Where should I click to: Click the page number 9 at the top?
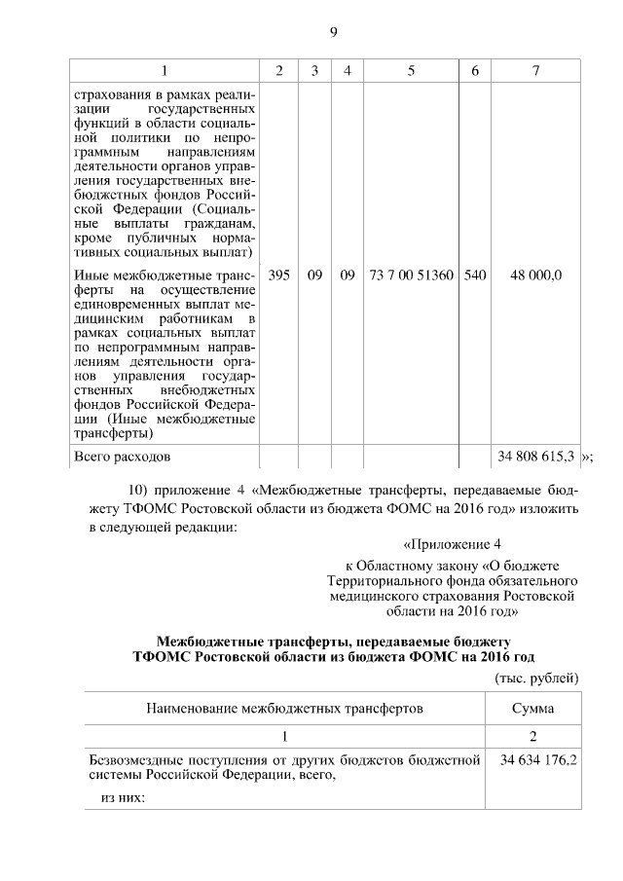click(332, 33)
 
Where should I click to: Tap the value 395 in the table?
click(279, 275)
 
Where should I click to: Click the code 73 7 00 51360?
click(412, 275)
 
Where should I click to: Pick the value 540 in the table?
click(475, 275)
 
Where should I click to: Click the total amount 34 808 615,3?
click(536, 456)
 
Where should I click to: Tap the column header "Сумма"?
click(532, 708)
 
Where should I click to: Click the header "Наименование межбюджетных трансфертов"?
click(284, 708)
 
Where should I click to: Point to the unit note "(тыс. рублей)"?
click(537, 678)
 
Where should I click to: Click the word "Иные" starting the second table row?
click(92, 275)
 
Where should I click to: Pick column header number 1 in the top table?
click(164, 71)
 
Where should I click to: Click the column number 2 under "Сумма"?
click(532, 735)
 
